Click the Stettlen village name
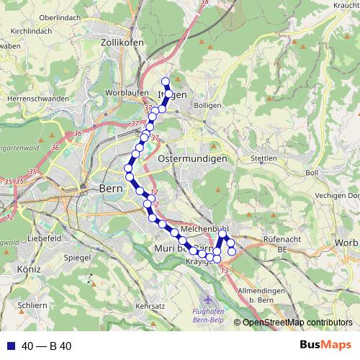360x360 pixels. (x=265, y=157)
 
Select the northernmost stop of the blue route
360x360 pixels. (x=166, y=81)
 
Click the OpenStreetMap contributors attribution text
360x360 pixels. (x=297, y=323)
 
